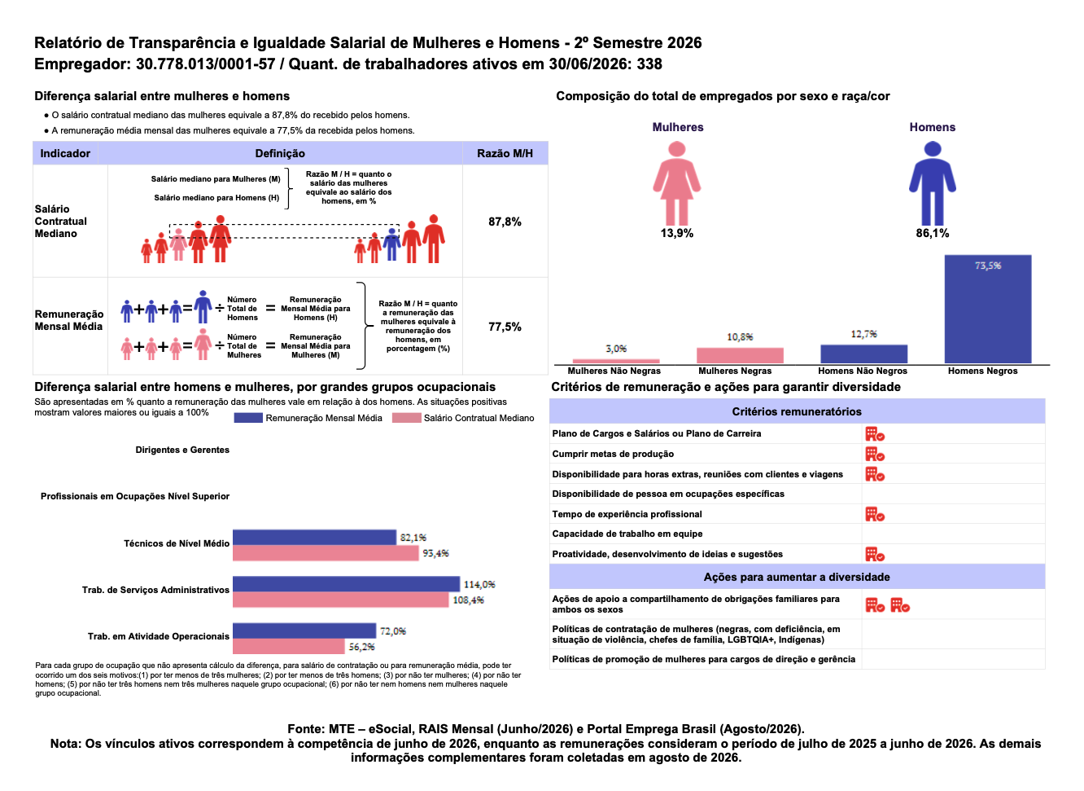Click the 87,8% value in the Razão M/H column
(x=505, y=222)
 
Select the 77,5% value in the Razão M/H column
(x=505, y=327)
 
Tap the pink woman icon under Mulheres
(x=676, y=183)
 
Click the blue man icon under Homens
(x=932, y=183)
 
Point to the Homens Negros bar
(x=988, y=309)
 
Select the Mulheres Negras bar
(x=740, y=355)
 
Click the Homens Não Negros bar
(x=863, y=354)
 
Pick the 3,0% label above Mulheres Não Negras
(x=616, y=349)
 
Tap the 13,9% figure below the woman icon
(x=676, y=234)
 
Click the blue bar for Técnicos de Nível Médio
(x=315, y=538)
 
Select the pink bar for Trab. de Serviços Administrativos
(x=341, y=600)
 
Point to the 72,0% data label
(x=393, y=631)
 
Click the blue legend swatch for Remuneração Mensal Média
(x=248, y=418)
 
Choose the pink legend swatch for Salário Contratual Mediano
(x=407, y=418)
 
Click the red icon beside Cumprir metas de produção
(x=875, y=455)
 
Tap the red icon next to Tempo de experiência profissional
(x=875, y=514)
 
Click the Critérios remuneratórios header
(x=797, y=411)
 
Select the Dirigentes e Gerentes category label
(x=182, y=450)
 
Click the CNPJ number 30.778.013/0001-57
(x=206, y=64)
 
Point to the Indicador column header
(x=65, y=153)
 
